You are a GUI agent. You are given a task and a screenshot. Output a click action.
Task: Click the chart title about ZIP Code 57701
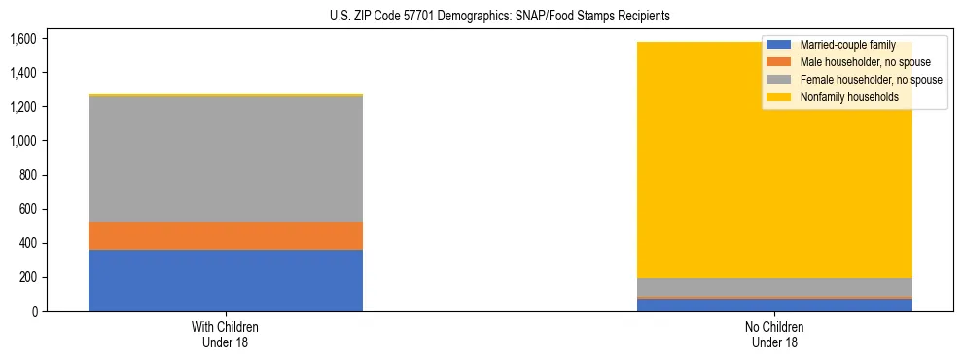(481, 17)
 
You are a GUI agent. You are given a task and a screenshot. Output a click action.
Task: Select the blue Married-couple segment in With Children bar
(226, 280)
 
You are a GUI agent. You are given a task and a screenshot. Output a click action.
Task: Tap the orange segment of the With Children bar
(226, 235)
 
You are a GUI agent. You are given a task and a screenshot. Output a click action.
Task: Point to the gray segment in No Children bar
(774, 287)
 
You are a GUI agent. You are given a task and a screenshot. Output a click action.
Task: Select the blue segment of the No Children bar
(774, 305)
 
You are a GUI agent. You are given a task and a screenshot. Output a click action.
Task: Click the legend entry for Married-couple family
(854, 45)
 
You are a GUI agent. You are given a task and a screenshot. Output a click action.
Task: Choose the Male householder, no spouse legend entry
(864, 62)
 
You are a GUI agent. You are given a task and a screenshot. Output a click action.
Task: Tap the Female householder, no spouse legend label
(870, 80)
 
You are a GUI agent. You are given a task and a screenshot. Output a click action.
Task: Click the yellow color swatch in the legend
(779, 97)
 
